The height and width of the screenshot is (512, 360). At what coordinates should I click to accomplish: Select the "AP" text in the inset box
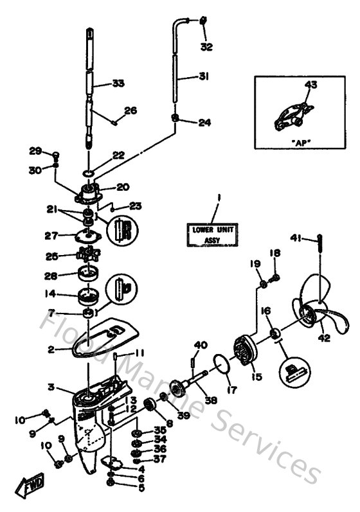(x=298, y=141)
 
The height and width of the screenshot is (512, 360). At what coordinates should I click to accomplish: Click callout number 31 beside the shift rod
(x=203, y=76)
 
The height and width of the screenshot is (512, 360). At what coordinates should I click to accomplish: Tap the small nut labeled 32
(x=204, y=21)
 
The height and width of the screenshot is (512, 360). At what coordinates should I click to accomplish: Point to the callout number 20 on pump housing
(x=122, y=188)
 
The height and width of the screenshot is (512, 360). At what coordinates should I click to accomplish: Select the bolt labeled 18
(x=276, y=278)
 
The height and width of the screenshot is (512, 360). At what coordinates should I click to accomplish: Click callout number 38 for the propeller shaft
(x=211, y=400)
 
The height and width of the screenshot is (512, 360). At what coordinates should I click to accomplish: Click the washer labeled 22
(x=88, y=173)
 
